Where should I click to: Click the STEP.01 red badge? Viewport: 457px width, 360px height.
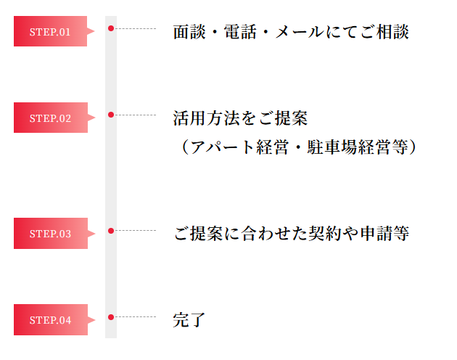(50, 31)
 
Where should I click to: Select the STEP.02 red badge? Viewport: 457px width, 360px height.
(50, 118)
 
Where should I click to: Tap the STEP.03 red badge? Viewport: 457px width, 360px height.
(50, 233)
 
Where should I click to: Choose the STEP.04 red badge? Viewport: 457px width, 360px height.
(50, 319)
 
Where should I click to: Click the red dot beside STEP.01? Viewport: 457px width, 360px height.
(111, 28)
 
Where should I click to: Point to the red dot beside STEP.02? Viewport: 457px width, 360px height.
(111, 115)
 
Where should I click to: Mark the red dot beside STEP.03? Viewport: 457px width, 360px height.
(111, 231)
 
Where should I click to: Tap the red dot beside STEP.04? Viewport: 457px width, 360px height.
(111, 317)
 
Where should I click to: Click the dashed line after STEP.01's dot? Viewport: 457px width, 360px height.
(136, 28)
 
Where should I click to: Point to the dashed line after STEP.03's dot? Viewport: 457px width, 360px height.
(136, 231)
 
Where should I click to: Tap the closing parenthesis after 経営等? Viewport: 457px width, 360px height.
(411, 147)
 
